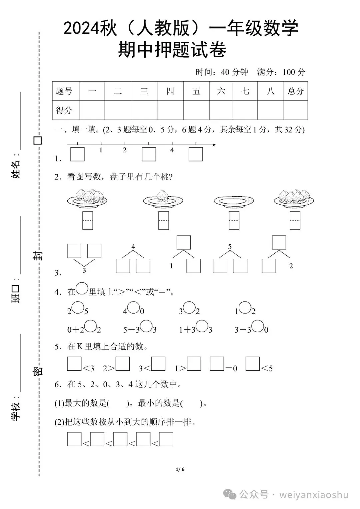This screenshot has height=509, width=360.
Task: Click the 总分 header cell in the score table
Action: pyautogui.click(x=296, y=91)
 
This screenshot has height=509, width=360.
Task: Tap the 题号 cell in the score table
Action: pyautogui.click(x=64, y=91)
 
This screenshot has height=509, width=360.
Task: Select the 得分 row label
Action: pyautogui.click(x=64, y=110)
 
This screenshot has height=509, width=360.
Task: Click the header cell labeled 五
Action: pyautogui.click(x=196, y=91)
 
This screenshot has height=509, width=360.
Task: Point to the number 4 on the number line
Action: pyautogui.click(x=172, y=150)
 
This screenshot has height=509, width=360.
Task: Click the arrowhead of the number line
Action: pyautogui.click(x=214, y=145)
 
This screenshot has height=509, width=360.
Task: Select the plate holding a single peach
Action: pyautogui.click(x=163, y=199)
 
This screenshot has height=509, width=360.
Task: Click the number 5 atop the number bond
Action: pyautogui.click(x=230, y=247)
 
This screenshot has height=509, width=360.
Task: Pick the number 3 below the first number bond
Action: pyautogui.click(x=84, y=270)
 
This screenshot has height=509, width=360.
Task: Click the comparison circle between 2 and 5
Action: pyautogui.click(x=78, y=307)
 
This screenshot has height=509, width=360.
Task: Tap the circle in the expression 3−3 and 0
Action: pyautogui.click(x=258, y=326)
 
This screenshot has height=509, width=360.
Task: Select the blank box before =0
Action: pyautogui.click(x=217, y=364)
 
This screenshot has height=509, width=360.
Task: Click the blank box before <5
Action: pyautogui.click(x=252, y=364)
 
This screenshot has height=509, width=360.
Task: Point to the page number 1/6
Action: pyautogui.click(x=180, y=469)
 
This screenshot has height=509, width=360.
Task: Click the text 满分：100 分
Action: pyautogui.click(x=281, y=72)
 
